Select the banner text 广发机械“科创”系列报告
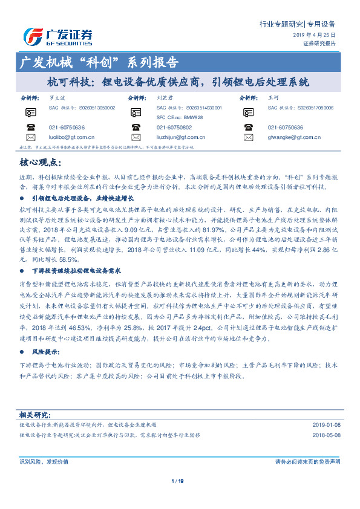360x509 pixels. point(99,62)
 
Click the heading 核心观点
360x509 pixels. point(40,163)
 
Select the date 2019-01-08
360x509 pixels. point(326,425)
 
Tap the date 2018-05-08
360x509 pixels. point(326,434)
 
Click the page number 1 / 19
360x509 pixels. point(178,481)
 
